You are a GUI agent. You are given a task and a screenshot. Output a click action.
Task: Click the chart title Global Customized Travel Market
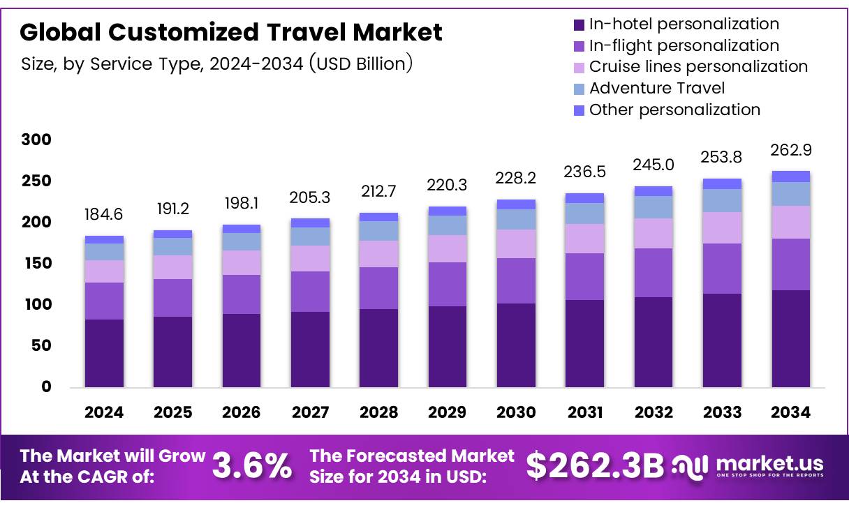point(231,33)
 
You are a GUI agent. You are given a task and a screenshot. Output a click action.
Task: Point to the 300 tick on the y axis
point(36,140)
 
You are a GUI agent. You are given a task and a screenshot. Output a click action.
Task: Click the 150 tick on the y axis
point(36,264)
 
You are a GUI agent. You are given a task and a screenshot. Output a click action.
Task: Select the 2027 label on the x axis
point(310,412)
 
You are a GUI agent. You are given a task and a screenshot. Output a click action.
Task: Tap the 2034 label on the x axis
point(790,412)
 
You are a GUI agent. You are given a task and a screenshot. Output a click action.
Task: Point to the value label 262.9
point(790,150)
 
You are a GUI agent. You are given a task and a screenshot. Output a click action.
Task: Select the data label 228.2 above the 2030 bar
point(516,179)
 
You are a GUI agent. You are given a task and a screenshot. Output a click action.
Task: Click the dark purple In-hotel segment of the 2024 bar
point(104,353)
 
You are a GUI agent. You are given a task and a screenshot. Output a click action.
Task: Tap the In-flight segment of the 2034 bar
point(790,264)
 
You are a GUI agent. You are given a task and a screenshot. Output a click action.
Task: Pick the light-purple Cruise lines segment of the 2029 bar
point(447,248)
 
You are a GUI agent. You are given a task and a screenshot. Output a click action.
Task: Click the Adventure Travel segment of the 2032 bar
point(654,207)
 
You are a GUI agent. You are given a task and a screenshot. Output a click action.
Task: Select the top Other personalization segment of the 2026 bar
point(242,229)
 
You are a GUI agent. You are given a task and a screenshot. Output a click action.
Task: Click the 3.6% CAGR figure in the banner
point(252,466)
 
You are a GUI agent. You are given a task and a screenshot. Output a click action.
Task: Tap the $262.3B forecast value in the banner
point(594,466)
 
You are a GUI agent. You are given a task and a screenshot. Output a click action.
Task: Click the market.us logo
point(748,466)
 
